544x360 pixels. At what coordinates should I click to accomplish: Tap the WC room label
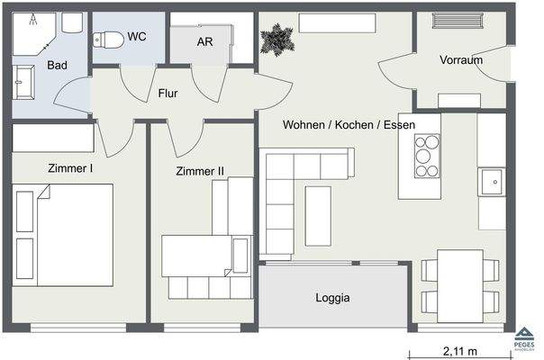[x=138, y=37]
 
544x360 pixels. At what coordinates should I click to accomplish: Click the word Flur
[x=168, y=93]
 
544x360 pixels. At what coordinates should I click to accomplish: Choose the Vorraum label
[x=461, y=60]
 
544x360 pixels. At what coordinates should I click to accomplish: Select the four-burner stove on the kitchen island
[x=425, y=157]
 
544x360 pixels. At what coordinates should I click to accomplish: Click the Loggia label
[x=332, y=298]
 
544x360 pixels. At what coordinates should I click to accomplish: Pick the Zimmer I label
[x=71, y=166]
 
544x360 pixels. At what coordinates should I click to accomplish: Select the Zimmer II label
[x=200, y=170]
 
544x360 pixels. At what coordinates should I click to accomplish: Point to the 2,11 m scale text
[x=458, y=351]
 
